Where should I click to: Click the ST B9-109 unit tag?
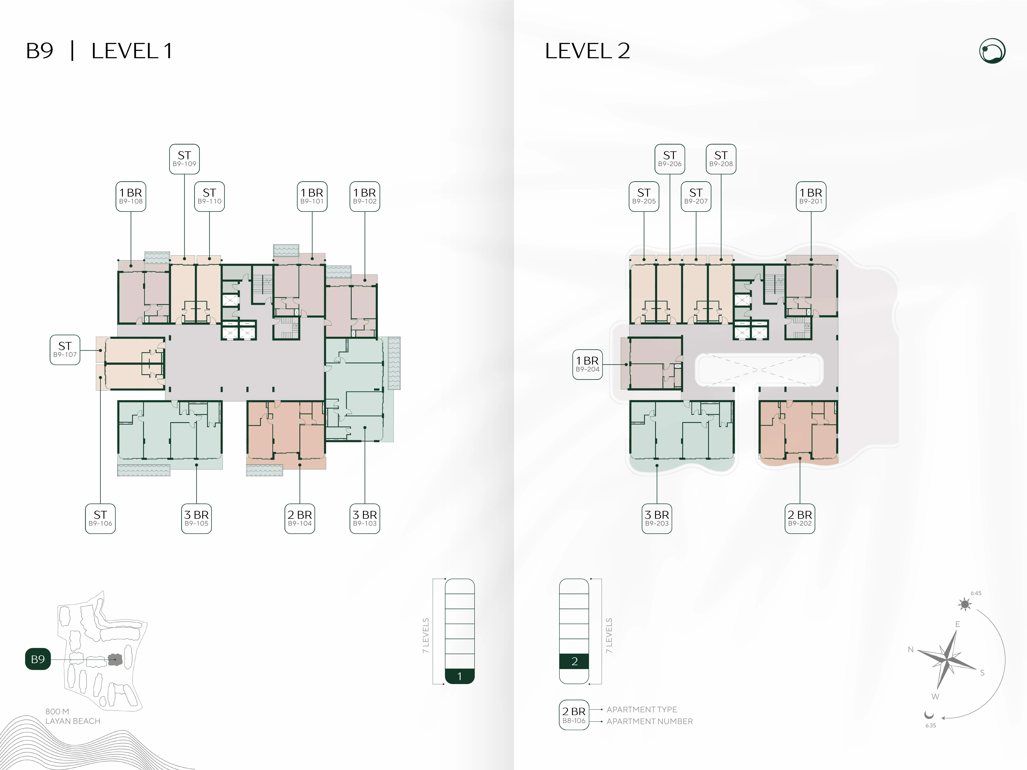point(184,159)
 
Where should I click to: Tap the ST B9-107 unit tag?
point(65,350)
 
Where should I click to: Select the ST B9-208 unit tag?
point(721,159)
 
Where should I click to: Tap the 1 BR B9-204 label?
point(588,364)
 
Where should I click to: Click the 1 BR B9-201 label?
point(811,196)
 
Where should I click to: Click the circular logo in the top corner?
point(993,51)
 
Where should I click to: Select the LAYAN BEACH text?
point(73,721)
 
